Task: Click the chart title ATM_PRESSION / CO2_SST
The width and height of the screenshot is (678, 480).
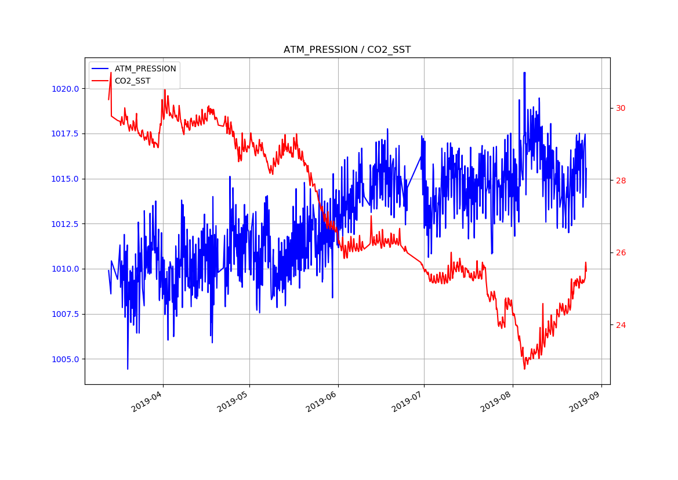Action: tap(347, 50)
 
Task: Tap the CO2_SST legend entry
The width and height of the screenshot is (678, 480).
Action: tap(132, 81)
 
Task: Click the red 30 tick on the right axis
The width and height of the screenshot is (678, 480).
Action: tap(621, 108)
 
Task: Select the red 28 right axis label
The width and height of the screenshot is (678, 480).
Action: tap(621, 181)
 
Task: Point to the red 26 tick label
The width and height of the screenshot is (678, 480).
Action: tap(621, 252)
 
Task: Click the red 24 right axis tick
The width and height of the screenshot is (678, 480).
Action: tap(621, 325)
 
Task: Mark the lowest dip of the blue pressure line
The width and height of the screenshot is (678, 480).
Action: tap(128, 369)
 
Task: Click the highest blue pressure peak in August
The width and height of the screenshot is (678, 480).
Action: tap(524, 73)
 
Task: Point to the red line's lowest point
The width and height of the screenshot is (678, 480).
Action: tap(524, 369)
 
